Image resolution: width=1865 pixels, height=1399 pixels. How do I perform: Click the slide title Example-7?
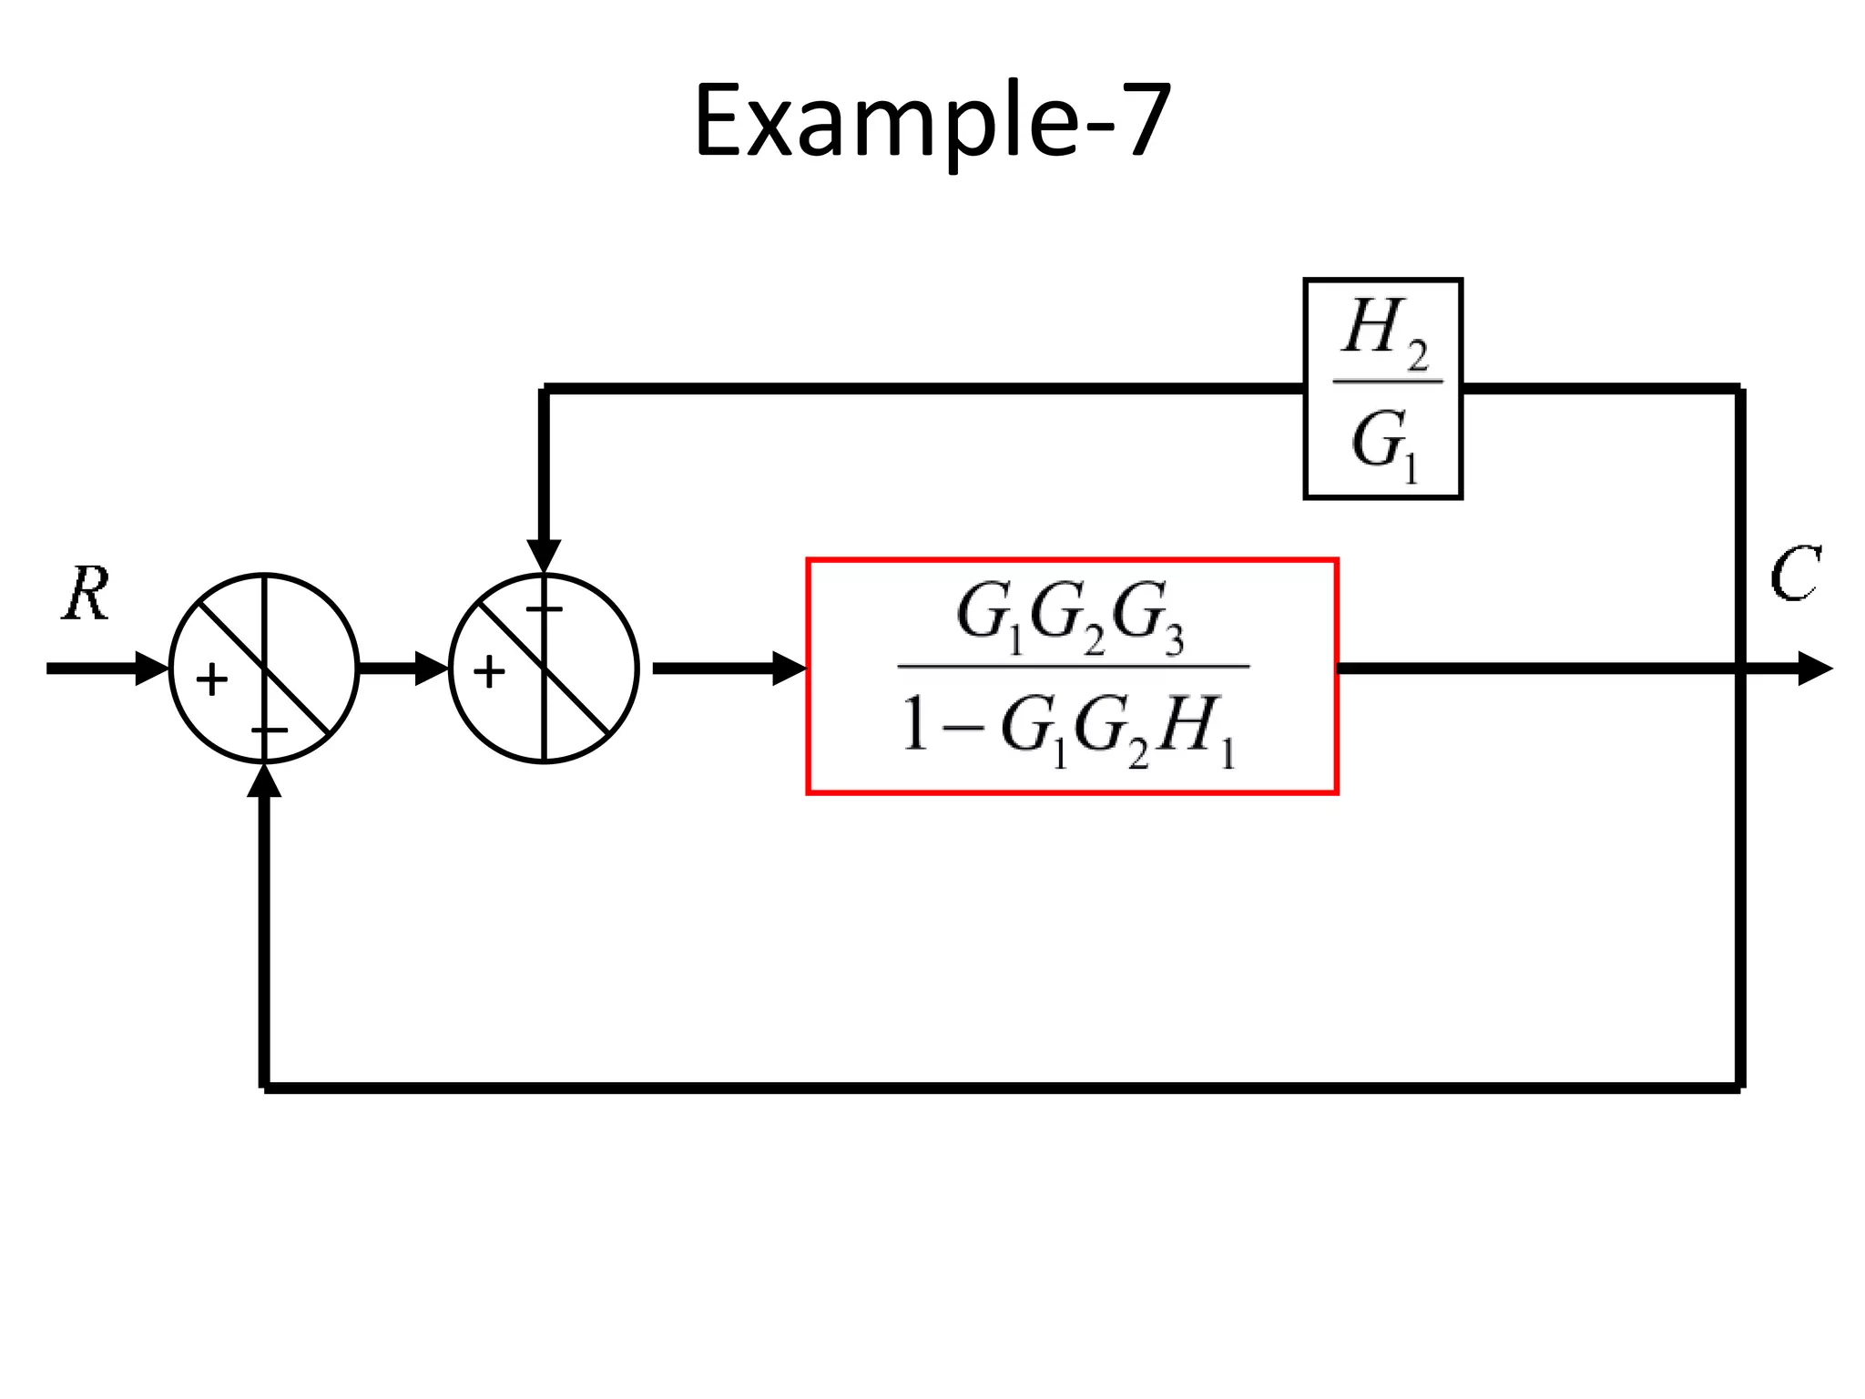pyautogui.click(x=932, y=123)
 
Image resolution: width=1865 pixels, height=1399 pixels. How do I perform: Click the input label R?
pyautogui.click(x=87, y=594)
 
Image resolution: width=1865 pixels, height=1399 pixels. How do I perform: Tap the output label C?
pyautogui.click(x=1793, y=575)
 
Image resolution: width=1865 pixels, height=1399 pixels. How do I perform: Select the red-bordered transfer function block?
pyautogui.click(x=1072, y=676)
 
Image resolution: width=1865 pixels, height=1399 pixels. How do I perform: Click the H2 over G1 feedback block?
pyautogui.click(x=1382, y=389)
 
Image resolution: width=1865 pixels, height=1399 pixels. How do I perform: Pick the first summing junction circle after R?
pyautogui.click(x=264, y=669)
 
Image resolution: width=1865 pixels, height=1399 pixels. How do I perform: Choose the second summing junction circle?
pyautogui.click(x=544, y=669)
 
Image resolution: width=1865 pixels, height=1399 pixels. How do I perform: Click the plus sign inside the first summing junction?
pyautogui.click(x=212, y=679)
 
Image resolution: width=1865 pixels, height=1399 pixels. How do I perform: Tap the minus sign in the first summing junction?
pyautogui.click(x=270, y=730)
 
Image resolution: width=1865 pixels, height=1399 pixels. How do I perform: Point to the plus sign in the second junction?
pyautogui.click(x=489, y=672)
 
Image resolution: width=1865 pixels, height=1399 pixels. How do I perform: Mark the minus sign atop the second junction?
pyautogui.click(x=545, y=608)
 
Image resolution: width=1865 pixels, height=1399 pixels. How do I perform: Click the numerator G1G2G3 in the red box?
pyautogui.click(x=1071, y=618)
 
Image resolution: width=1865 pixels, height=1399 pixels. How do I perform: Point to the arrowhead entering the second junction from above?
pyautogui.click(x=544, y=555)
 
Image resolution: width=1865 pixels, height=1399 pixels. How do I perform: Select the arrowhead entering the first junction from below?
pyautogui.click(x=264, y=781)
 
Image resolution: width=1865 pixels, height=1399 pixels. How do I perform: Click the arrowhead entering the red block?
pyautogui.click(x=788, y=669)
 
